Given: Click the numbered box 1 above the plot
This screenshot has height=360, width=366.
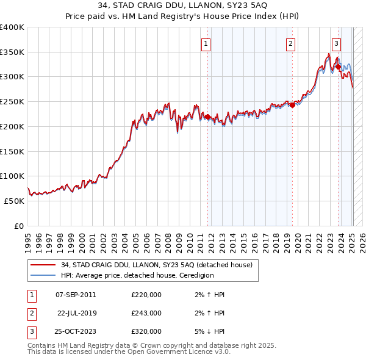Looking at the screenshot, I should coord(206,43).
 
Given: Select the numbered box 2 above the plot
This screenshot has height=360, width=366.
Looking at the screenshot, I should coord(290,43).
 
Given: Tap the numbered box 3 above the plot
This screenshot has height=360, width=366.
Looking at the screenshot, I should coord(336,43).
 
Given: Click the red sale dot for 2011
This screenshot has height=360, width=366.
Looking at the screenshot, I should coord(207,117).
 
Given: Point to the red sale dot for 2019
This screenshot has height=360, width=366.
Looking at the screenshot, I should coord(292,105).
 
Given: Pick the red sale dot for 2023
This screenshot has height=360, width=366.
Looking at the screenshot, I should coord(338,67).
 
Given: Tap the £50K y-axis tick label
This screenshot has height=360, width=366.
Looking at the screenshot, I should coord(15,201).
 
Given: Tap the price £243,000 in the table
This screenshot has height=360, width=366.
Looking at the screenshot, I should coord(146,313).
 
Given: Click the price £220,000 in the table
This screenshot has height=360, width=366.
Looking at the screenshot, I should coord(146,295).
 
